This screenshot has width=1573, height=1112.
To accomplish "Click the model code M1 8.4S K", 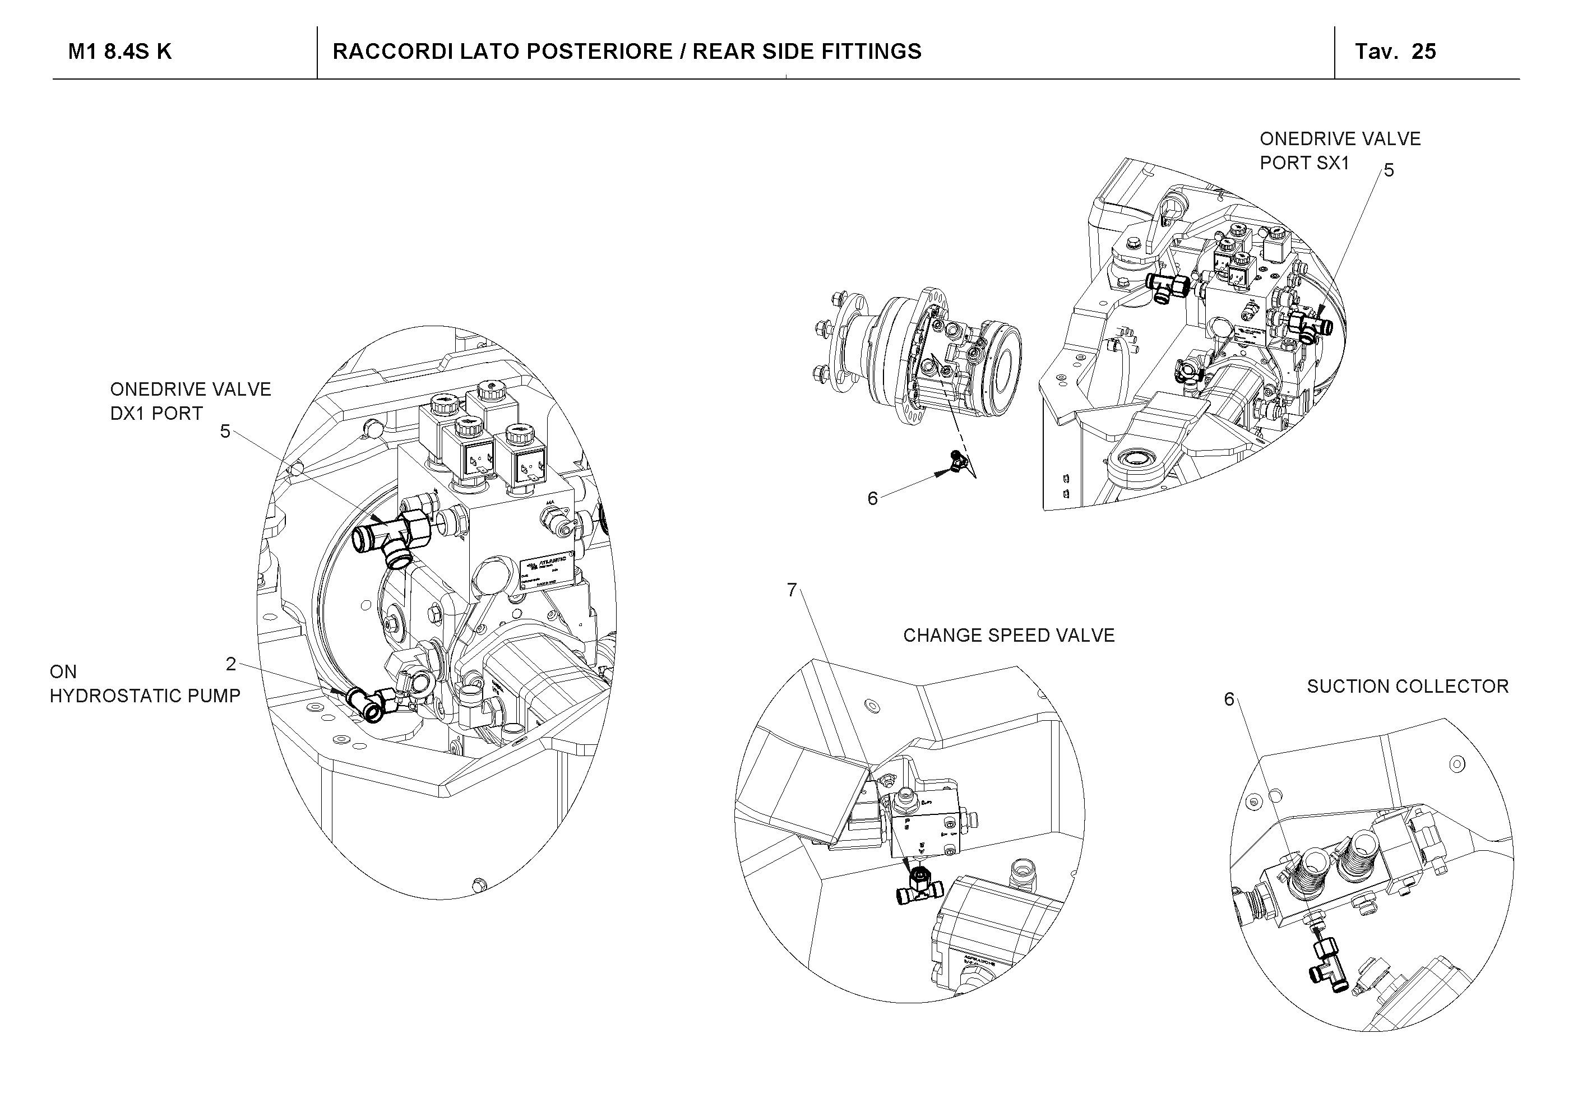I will pyautogui.click(x=119, y=52).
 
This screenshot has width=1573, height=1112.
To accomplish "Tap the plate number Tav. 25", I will pyautogui.click(x=1395, y=52).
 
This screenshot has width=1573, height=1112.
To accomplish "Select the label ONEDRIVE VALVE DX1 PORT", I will pyautogui.click(x=191, y=401).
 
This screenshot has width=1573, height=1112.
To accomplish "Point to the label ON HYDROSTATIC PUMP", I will pyautogui.click(x=145, y=684).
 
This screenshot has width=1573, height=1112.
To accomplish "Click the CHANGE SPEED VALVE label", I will pyautogui.click(x=1008, y=636).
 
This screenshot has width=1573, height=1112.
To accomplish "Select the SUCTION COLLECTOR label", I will pyautogui.click(x=1407, y=687).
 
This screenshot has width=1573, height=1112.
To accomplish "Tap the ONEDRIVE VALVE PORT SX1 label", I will pyautogui.click(x=1339, y=151).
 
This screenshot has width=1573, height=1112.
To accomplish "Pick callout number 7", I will pyautogui.click(x=792, y=590).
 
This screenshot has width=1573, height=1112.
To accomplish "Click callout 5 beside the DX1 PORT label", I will pyautogui.click(x=225, y=431).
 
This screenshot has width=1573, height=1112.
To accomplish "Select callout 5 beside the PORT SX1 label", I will pyautogui.click(x=1389, y=170).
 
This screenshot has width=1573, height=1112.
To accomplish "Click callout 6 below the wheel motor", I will pyautogui.click(x=872, y=499).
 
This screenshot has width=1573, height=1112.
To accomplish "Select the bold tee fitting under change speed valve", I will pyautogui.click(x=919, y=887).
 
